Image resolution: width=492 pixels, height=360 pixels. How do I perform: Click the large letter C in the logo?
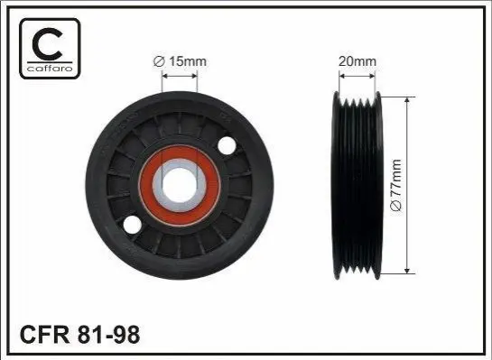click(47, 43)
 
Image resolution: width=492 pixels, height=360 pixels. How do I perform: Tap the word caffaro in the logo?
click(50, 68)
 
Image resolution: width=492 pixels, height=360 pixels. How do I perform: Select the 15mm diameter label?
click(180, 61)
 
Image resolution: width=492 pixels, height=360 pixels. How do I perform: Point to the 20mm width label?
click(357, 61)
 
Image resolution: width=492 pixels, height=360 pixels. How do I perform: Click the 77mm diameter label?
click(396, 185)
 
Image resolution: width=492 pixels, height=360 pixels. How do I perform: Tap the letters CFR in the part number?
click(44, 335)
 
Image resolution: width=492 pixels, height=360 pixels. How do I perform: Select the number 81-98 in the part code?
click(108, 335)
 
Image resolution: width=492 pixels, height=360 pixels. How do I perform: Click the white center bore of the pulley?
click(180, 185)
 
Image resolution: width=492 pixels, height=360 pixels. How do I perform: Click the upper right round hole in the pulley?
click(227, 145)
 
